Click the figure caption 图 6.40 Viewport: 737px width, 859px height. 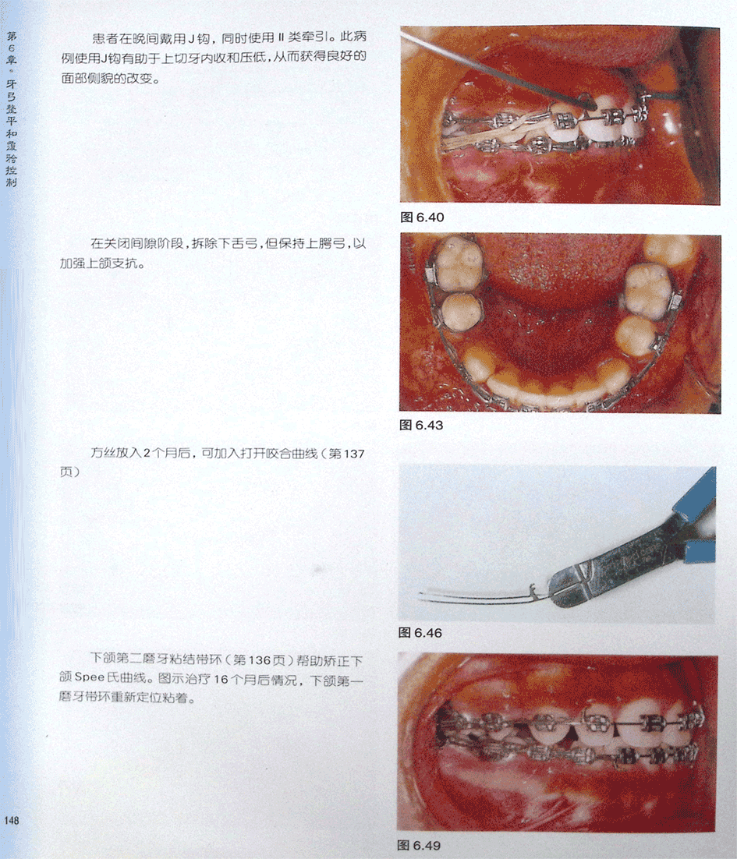coord(422,217)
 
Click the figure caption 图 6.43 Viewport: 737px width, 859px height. coord(421,425)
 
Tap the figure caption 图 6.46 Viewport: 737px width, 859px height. coord(420,633)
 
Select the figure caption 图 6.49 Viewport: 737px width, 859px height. coord(419,845)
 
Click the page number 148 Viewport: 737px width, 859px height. coord(12,820)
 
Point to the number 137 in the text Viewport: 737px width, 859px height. coord(354,454)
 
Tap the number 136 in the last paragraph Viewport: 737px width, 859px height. coord(259,661)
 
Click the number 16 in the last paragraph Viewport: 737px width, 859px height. coord(221,680)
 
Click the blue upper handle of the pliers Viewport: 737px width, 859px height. coord(695,496)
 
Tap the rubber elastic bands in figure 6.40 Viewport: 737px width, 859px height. coord(493,132)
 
